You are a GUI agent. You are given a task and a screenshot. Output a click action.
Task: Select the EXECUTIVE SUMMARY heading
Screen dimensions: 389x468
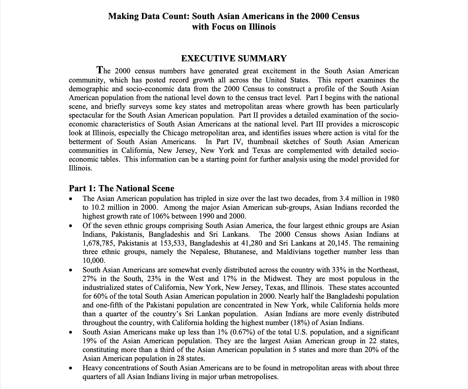point(234,58)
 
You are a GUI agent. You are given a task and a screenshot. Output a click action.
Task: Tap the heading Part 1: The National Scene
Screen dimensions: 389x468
point(121,188)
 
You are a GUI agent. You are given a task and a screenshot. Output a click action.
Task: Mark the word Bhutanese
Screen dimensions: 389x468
point(241,252)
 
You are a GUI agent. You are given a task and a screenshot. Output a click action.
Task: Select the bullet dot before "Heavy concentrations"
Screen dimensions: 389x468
point(70,368)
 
